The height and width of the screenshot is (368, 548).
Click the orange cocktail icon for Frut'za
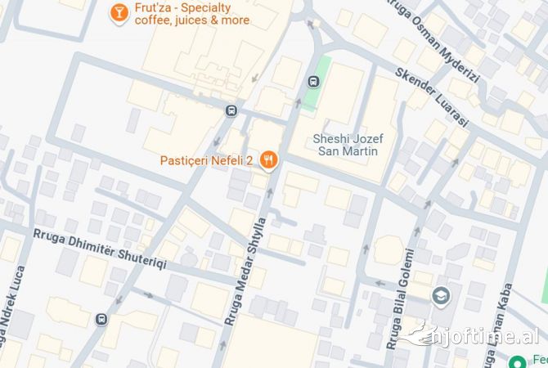point(119,11)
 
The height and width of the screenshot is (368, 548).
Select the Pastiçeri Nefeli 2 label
point(207,159)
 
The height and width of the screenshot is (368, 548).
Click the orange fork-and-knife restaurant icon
point(267,159)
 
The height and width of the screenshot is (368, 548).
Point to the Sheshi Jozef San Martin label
point(348,145)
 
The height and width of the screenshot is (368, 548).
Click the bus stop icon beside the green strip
point(312,81)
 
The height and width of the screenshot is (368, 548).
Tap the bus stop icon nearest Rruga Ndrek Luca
point(101,319)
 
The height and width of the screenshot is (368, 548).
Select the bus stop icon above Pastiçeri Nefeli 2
point(232,110)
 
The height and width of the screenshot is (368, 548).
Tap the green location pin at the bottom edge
point(516,360)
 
